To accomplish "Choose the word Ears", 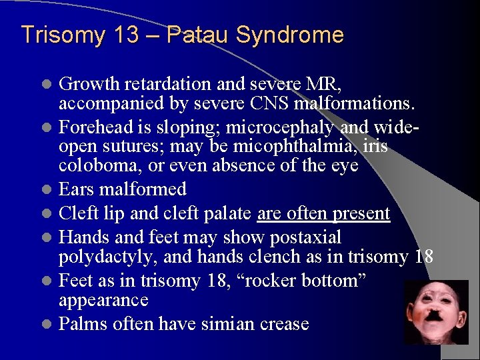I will tap(75, 189).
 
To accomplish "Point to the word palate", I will tap(224, 213).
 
